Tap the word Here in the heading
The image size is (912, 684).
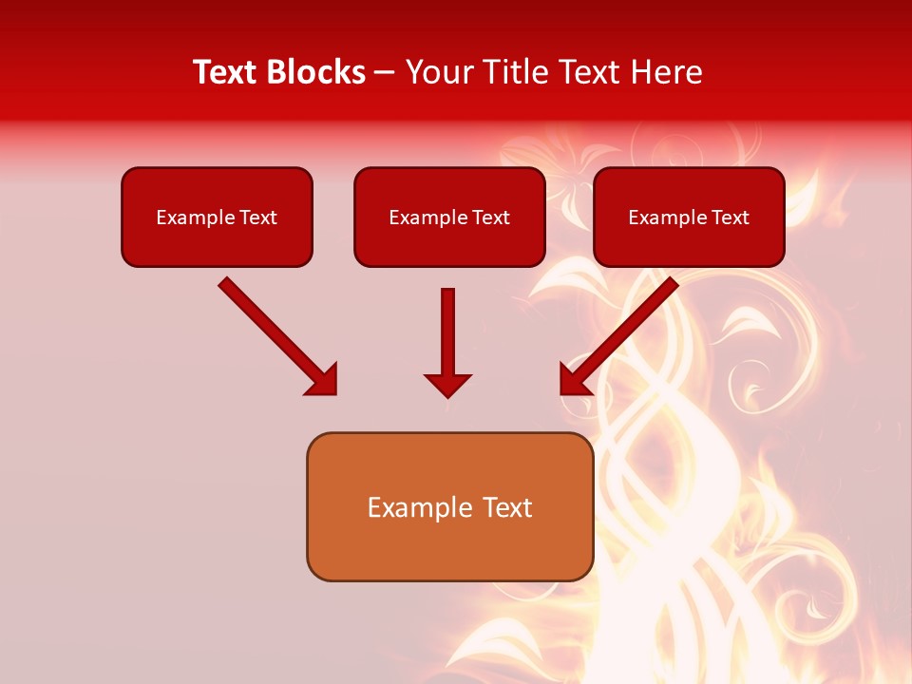point(666,72)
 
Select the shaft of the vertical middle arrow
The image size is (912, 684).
point(447,328)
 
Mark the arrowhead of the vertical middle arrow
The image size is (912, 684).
point(447,385)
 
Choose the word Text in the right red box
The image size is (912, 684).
point(730,218)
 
